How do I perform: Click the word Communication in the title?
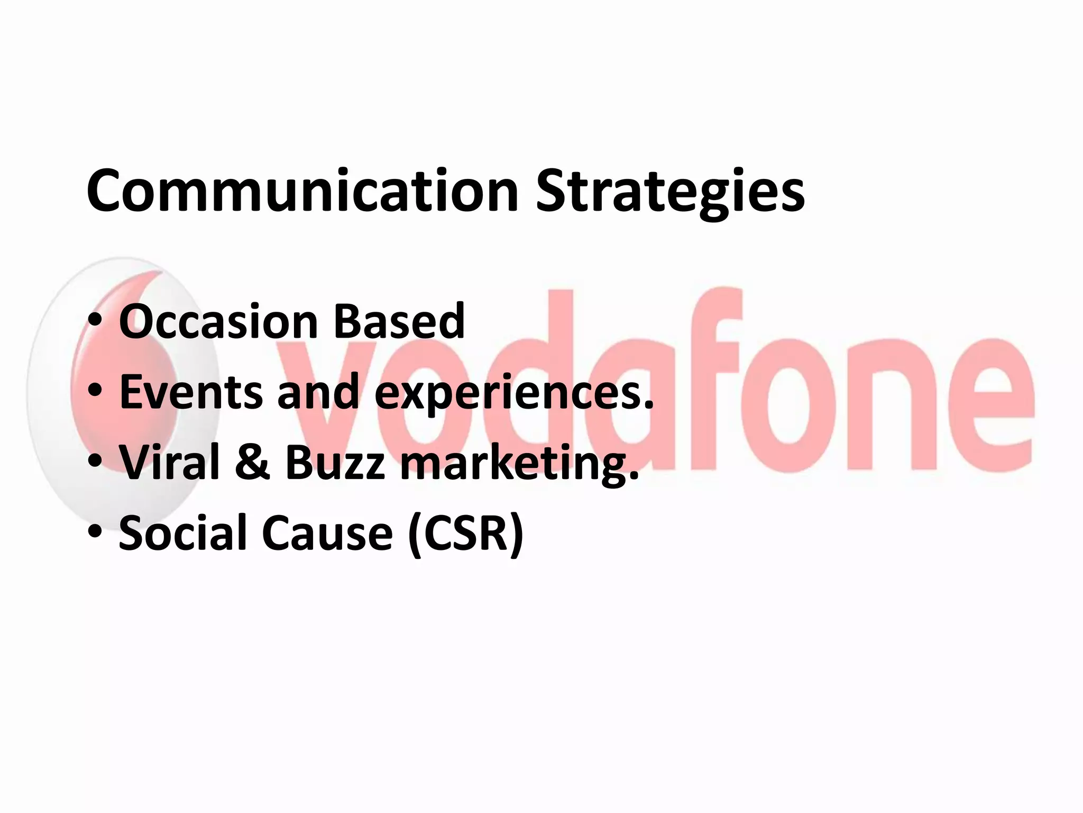pyautogui.click(x=302, y=190)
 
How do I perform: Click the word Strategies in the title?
pyautogui.click(x=670, y=192)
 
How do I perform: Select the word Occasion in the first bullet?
pyautogui.click(x=218, y=321)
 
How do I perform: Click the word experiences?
pyautogui.click(x=514, y=394)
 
